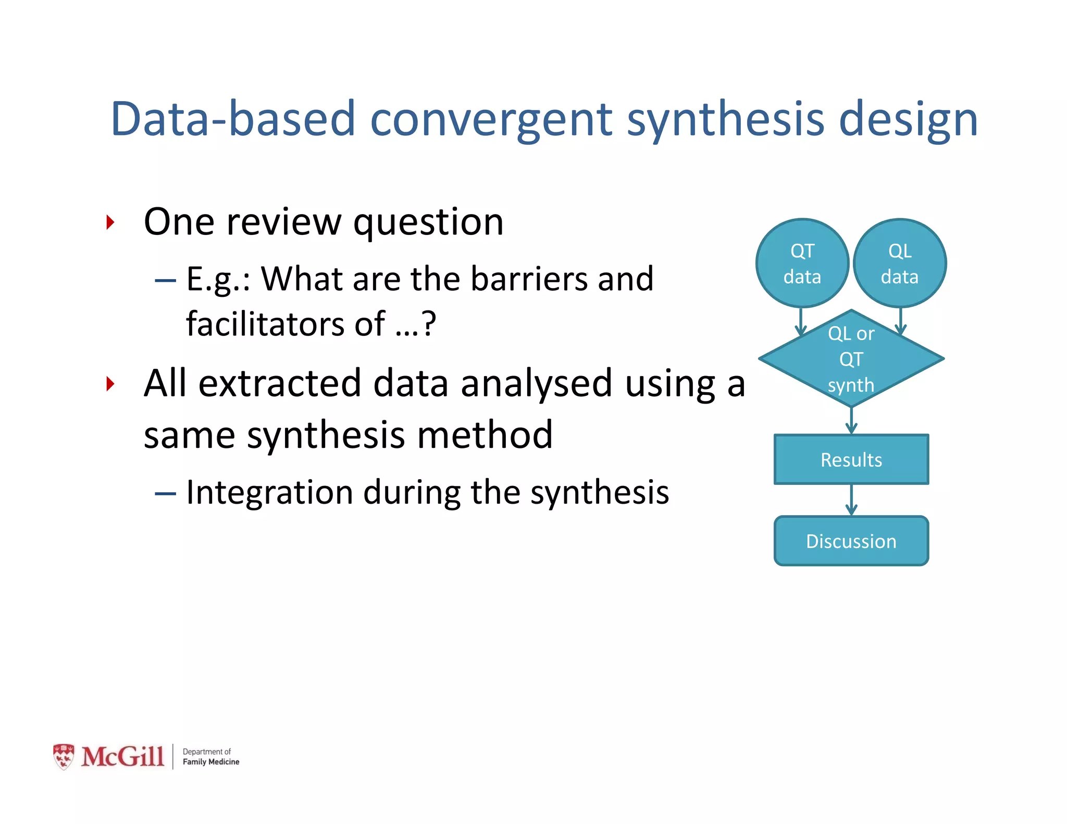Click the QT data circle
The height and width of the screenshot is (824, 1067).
pyautogui.click(x=802, y=264)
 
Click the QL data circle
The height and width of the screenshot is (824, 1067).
pyautogui.click(x=900, y=264)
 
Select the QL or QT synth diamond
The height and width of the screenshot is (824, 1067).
pyautogui.click(x=851, y=359)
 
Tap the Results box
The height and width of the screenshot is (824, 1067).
pyautogui.click(x=851, y=459)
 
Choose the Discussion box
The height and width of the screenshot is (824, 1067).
pyautogui.click(x=851, y=541)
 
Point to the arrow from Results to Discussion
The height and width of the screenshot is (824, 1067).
pyautogui.click(x=851, y=501)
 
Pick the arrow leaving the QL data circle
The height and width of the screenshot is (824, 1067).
pyautogui.click(x=901, y=320)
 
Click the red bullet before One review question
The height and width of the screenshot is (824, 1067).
pyautogui.click(x=110, y=222)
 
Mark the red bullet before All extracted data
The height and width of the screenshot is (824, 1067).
pyautogui.click(x=110, y=384)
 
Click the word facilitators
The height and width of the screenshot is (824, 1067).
pyautogui.click(x=265, y=324)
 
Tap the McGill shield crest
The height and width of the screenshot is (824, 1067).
pyautogui.click(x=64, y=757)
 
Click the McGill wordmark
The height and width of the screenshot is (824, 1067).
pyautogui.click(x=123, y=757)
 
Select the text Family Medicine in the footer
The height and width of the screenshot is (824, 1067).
pyautogui.click(x=210, y=762)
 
